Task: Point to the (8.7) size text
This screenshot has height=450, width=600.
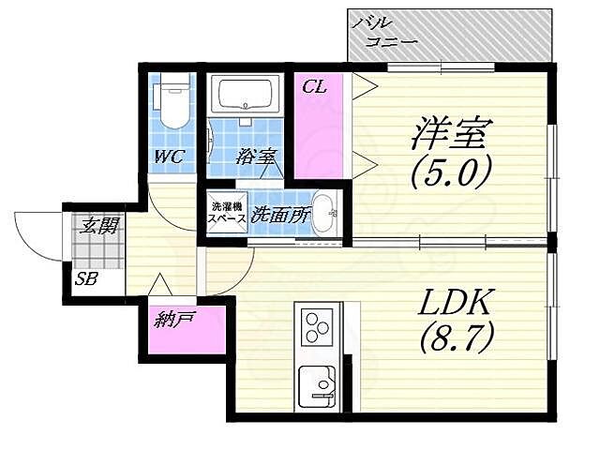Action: point(456,337)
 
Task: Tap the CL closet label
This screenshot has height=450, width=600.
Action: point(314,87)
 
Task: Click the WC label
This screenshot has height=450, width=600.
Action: point(170,156)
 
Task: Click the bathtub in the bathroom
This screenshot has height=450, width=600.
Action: point(244,96)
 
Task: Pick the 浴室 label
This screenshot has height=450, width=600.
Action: point(255,156)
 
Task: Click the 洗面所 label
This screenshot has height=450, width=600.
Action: point(279,214)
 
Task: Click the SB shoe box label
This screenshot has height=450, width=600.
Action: point(87,278)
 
